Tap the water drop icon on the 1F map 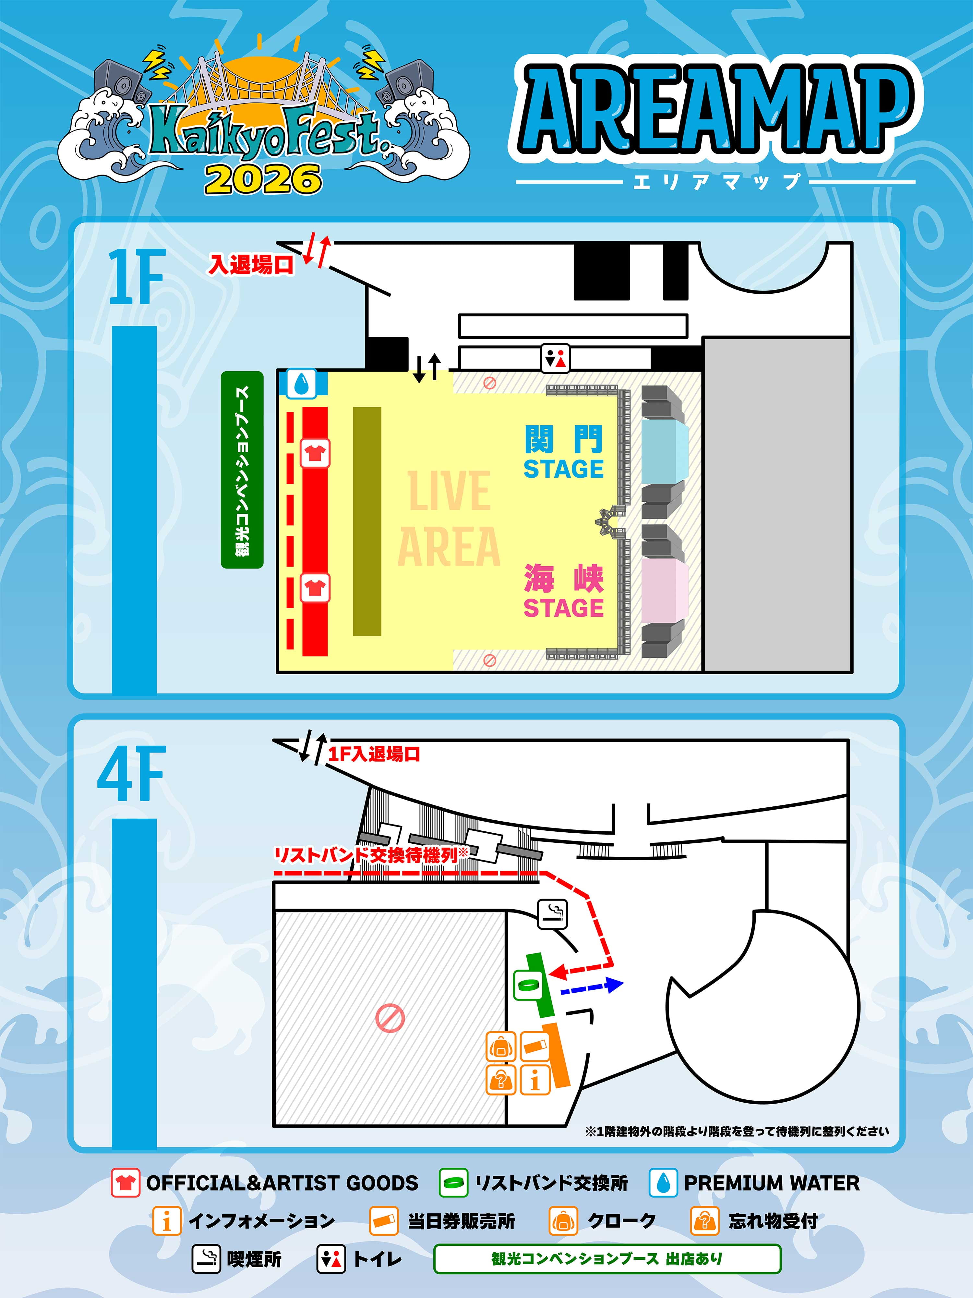point(301,384)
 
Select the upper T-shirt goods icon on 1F point(315,452)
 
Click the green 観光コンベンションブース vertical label point(242,470)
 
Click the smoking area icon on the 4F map point(552,914)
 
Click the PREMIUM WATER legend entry point(755,1182)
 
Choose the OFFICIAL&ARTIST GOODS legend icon point(125,1182)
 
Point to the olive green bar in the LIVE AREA point(367,521)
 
